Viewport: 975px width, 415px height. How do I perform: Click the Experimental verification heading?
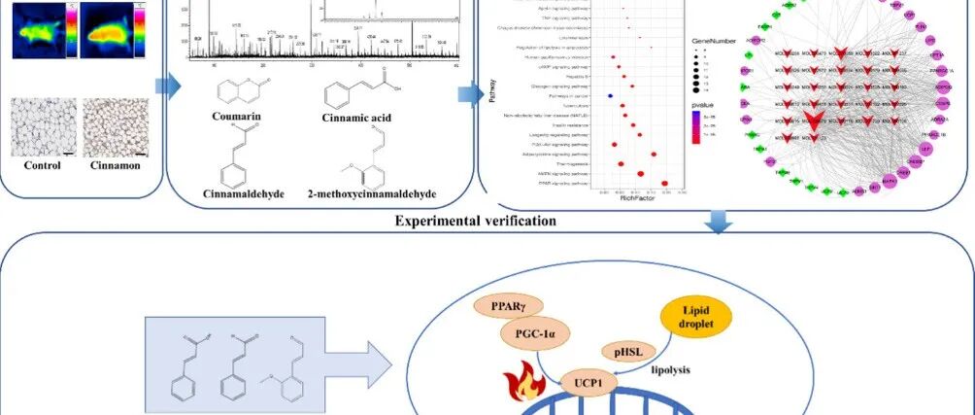click(x=475, y=221)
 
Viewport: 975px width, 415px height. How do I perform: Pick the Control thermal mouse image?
click(x=37, y=30)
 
